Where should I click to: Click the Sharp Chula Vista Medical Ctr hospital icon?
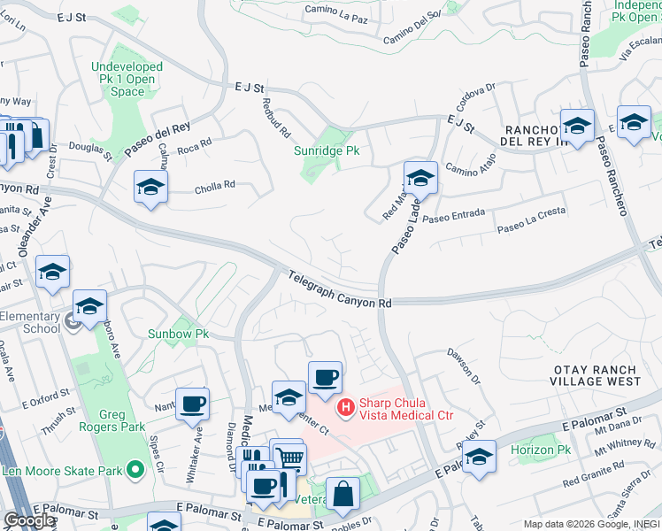point(346,408)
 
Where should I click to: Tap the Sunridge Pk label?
point(327,150)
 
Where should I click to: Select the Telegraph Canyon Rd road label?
point(340,290)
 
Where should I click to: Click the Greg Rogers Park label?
point(111,420)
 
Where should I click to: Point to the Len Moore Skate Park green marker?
point(135,470)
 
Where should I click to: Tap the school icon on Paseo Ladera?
point(420,177)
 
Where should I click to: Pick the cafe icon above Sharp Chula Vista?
point(325,377)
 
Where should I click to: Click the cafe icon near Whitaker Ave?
point(192,404)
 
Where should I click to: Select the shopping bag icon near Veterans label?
point(343,493)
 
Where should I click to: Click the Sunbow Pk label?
point(178,335)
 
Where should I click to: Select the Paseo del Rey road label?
point(158,141)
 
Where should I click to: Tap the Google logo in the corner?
point(29,520)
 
